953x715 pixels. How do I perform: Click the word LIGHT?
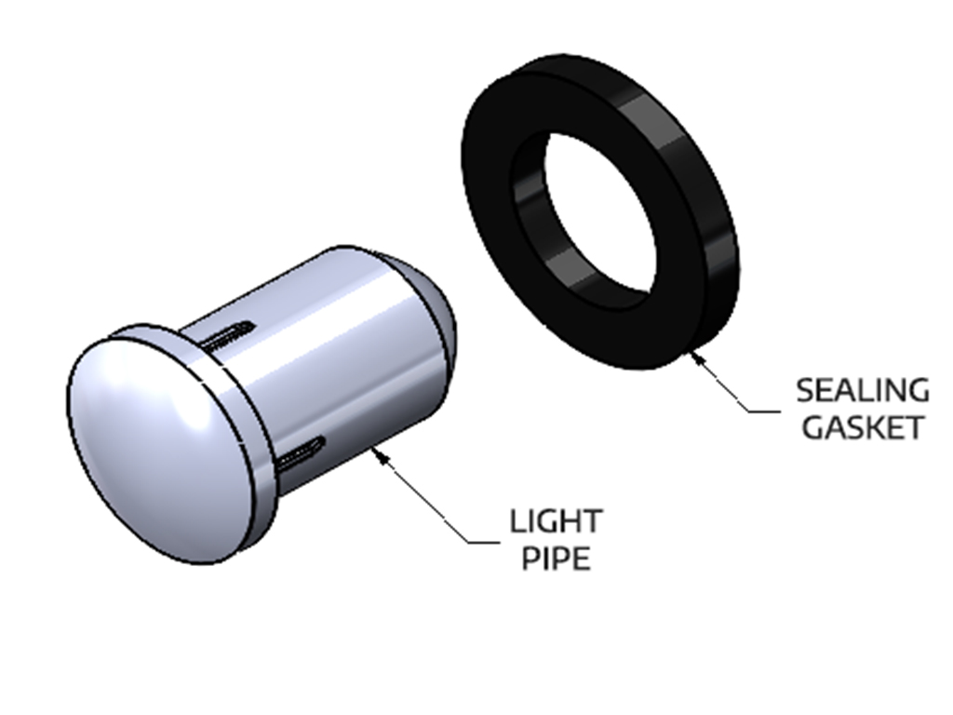[x=556, y=521]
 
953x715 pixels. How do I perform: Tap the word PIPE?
[x=555, y=559]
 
